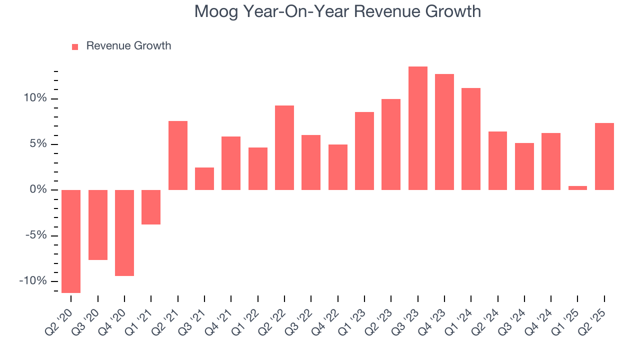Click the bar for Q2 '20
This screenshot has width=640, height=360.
coord(71,241)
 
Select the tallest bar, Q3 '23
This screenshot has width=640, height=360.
coord(417,128)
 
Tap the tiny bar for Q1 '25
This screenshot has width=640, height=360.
coord(577,188)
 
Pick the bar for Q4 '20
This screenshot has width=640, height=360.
coord(124,232)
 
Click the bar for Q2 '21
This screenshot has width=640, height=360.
coord(177,155)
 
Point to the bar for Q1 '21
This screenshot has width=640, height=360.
coord(151,207)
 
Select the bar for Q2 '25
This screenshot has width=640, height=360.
coord(604,156)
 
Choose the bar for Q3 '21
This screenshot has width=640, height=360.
coord(204,178)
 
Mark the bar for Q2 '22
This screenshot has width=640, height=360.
coord(284,147)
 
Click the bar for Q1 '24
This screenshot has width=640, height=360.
coord(471,139)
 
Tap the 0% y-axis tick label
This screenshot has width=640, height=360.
coord(40,190)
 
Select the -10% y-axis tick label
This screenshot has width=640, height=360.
coord(34,281)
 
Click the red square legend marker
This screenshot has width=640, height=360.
coord(75,46)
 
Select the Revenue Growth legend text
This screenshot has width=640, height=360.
coord(128,46)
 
